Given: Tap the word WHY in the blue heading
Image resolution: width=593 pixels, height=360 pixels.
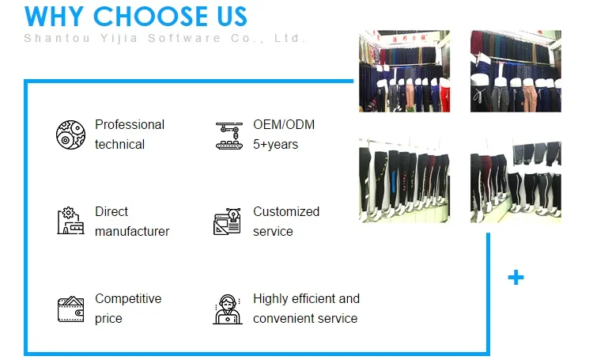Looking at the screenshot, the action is tap(54, 17).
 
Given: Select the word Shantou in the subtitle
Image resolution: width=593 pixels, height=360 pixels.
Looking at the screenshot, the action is tap(57, 38).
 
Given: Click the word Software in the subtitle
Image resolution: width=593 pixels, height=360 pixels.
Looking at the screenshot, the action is tap(184, 38).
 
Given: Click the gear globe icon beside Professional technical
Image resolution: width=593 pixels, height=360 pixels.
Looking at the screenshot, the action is tap(70, 135).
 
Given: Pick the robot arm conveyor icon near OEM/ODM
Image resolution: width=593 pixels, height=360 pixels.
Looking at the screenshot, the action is tap(229, 135).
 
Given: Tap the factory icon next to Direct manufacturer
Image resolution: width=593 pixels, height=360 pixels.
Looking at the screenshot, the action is tap(70, 221).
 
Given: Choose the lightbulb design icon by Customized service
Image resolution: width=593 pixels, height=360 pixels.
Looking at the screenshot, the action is tap(227, 222).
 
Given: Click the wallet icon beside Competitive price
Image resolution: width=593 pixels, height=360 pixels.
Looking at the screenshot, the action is tap(70, 309).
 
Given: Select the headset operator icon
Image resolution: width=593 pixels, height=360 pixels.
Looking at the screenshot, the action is tap(227, 309).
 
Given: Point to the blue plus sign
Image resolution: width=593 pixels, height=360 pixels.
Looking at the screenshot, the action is tap(516, 278).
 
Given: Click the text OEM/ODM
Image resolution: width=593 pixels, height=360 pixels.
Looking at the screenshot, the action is tap(284, 124).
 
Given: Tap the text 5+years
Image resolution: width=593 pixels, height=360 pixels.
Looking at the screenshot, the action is tap(275, 145).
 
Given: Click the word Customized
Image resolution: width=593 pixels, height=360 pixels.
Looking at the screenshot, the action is tap(286, 211).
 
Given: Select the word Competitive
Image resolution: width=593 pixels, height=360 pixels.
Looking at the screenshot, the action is tap(128, 299).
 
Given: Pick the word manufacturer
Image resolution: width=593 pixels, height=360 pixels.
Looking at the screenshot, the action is tap(132, 231).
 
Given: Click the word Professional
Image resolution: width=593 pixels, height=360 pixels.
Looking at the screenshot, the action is tap(130, 124).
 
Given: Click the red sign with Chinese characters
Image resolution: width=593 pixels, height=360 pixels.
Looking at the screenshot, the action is tap(409, 39).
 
